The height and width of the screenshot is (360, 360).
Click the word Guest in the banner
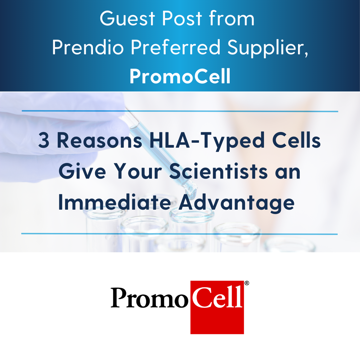click(x=127, y=18)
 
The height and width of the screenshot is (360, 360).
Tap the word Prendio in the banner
click(x=88, y=47)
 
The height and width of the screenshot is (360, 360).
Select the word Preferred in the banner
click(x=175, y=47)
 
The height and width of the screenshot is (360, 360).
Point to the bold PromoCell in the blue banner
click(x=180, y=76)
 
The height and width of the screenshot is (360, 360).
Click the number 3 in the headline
click(x=44, y=141)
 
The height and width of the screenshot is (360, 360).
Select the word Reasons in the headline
click(x=99, y=141)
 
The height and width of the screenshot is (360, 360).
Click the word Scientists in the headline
click(x=218, y=171)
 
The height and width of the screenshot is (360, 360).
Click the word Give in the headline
click(x=82, y=171)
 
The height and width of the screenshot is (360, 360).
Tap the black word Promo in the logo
click(x=149, y=298)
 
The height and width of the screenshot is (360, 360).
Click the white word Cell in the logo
click(x=217, y=297)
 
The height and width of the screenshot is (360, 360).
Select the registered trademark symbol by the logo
click(x=247, y=283)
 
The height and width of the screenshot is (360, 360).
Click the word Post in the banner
click(x=182, y=18)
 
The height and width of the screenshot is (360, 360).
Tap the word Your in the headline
click(x=138, y=171)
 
